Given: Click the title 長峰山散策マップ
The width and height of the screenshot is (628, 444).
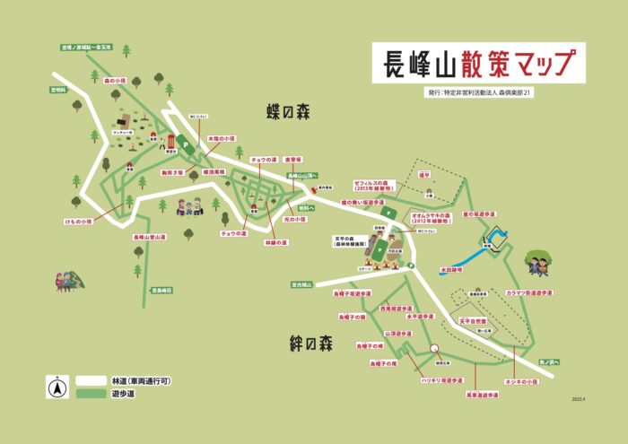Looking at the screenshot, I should coord(479,64).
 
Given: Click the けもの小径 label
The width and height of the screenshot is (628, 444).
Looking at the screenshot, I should coord(78,221).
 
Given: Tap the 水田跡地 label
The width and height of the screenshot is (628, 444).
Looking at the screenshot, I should coord(452,268).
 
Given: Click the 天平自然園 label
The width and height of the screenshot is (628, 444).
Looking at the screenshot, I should coord(473,320).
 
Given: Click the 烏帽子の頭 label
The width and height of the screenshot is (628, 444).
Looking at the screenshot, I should coord(353,317).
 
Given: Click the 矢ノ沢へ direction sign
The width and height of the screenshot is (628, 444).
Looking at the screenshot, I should coord(549,362).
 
